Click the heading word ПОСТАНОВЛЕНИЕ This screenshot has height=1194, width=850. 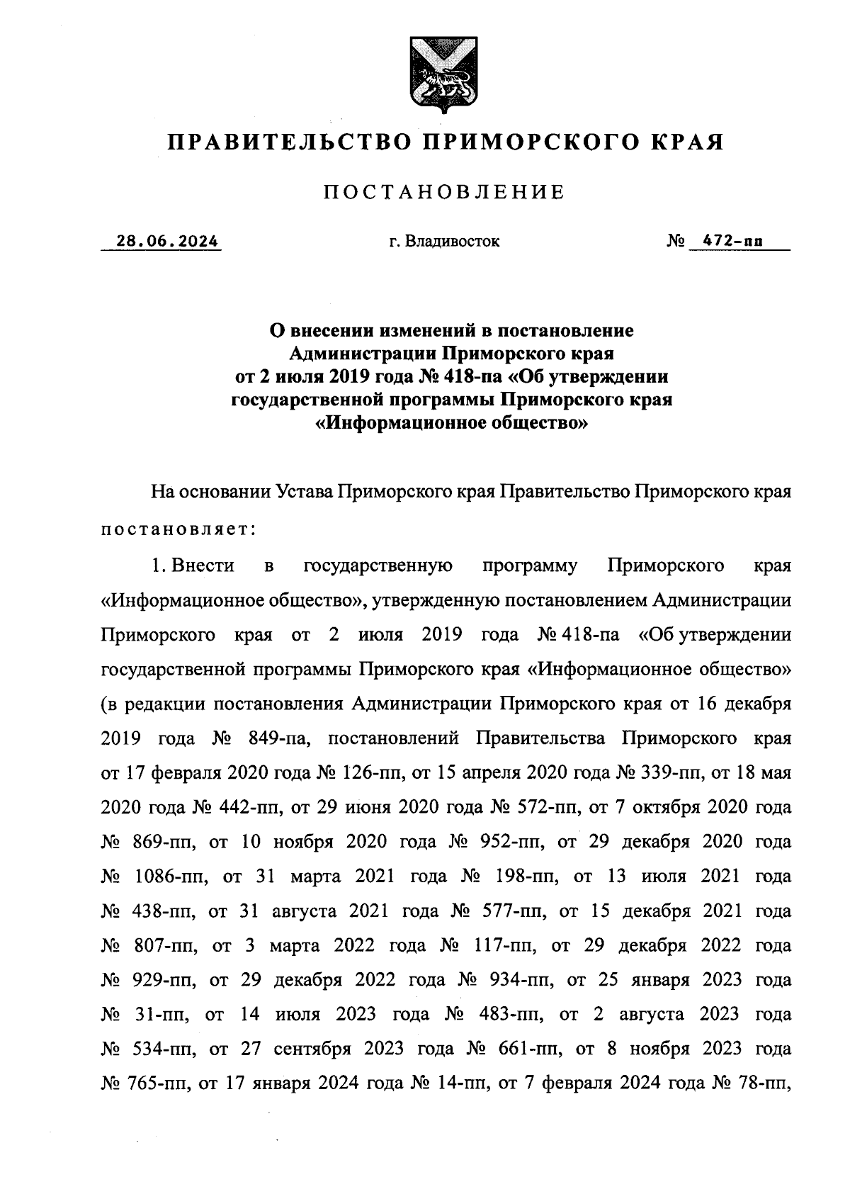pyautogui.click(x=444, y=192)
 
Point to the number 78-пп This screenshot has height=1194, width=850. pyautogui.click(x=765, y=1083)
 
